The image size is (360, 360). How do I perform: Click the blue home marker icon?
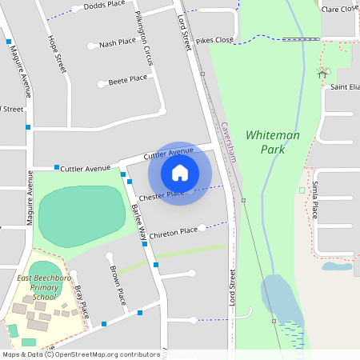(x=180, y=173)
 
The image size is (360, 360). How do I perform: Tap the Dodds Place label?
(x=105, y=5)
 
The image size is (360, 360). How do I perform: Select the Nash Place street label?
(x=118, y=44)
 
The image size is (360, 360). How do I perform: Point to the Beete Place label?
(x=128, y=78)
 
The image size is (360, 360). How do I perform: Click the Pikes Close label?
(x=214, y=39)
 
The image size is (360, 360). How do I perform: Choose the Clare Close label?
(x=339, y=9)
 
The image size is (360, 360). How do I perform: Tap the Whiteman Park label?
(x=273, y=142)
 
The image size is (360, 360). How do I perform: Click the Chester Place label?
(x=162, y=195)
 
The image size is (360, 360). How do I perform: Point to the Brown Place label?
(x=118, y=285)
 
